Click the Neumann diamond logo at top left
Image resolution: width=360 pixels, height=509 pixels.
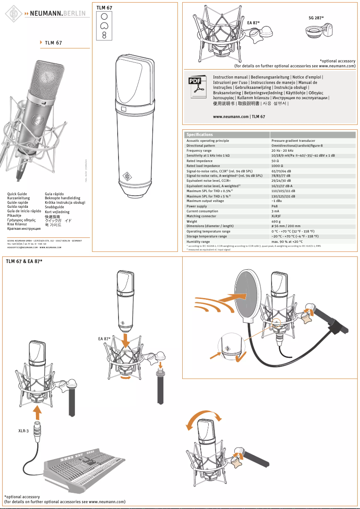[x=13, y=14]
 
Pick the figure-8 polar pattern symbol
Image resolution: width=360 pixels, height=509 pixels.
[x=104, y=34]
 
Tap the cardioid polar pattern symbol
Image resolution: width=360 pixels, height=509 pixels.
[x=104, y=25]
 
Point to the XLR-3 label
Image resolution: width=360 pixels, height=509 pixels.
[x=24, y=431]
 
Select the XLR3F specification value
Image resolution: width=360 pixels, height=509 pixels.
[x=277, y=216]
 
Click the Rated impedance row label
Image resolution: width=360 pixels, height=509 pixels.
[x=200, y=161]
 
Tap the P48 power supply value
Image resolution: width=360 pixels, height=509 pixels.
[x=274, y=206]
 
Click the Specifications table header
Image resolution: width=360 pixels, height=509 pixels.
[x=200, y=135]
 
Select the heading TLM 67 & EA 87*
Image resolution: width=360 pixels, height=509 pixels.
[x=24, y=261]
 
